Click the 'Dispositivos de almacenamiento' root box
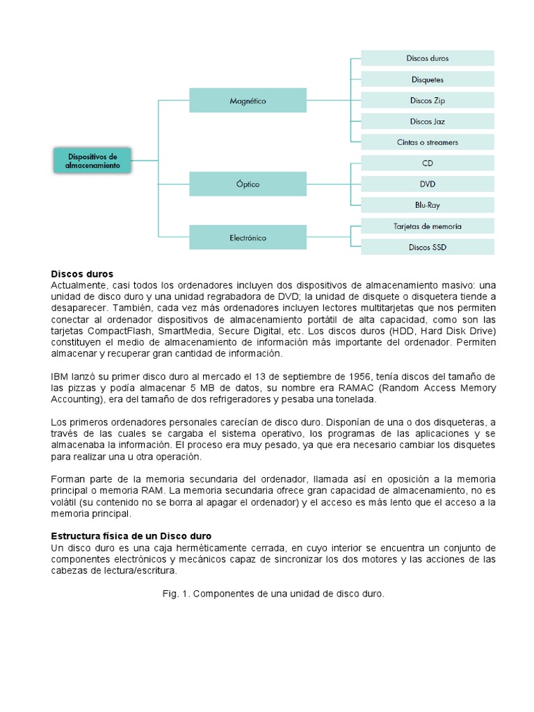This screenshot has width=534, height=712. pyautogui.click(x=92, y=161)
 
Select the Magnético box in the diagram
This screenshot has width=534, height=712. pyautogui.click(x=248, y=101)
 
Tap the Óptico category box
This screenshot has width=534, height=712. pyautogui.click(x=248, y=184)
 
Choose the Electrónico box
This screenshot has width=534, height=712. pyautogui.click(x=248, y=238)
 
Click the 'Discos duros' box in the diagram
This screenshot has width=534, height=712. pyautogui.click(x=427, y=58)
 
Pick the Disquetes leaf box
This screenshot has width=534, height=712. pyautogui.click(x=427, y=79)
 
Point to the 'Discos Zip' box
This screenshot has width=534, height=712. pyautogui.click(x=427, y=100)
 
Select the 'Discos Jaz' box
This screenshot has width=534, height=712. pyautogui.click(x=427, y=122)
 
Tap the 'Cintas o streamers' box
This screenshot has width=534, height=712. pyautogui.click(x=427, y=143)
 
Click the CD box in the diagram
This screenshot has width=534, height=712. pyautogui.click(x=427, y=163)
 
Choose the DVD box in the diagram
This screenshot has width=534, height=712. pyautogui.click(x=427, y=184)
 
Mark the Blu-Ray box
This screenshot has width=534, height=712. pyautogui.click(x=427, y=205)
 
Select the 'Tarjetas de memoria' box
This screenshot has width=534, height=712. pyautogui.click(x=427, y=226)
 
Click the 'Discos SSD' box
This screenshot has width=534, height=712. pyautogui.click(x=427, y=247)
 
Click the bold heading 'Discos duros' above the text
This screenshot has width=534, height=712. pyautogui.click(x=82, y=274)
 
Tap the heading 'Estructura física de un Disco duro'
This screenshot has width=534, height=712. pyautogui.click(x=131, y=536)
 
